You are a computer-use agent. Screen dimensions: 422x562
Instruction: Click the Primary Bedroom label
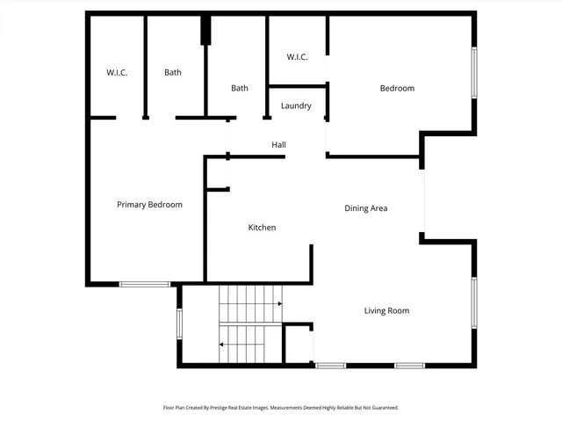click(x=149, y=205)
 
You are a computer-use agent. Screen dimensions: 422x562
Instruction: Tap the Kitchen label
click(x=262, y=228)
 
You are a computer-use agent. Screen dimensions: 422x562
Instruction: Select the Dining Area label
click(x=365, y=208)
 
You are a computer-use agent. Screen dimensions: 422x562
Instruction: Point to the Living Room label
click(x=386, y=310)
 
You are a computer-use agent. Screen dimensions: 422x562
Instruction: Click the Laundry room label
click(x=296, y=106)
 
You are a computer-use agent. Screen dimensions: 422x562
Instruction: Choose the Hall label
click(x=278, y=145)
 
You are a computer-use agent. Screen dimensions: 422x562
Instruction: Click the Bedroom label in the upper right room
click(x=397, y=88)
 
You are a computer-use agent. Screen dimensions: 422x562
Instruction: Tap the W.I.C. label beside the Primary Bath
click(x=116, y=72)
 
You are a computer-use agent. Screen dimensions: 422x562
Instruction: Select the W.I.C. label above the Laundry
click(x=297, y=57)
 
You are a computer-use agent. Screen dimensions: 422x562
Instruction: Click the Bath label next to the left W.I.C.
click(x=173, y=72)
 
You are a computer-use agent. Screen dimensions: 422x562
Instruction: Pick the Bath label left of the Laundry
click(x=240, y=88)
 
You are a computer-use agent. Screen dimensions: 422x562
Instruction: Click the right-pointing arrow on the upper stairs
click(x=279, y=304)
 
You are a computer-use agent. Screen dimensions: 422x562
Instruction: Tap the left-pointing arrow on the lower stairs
click(x=220, y=345)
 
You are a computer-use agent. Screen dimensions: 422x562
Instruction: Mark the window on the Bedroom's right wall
click(x=474, y=72)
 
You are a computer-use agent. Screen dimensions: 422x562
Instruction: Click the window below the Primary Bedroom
click(x=145, y=284)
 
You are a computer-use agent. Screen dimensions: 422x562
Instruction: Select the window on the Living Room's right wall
click(x=474, y=303)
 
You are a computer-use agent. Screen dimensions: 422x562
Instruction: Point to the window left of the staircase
click(x=179, y=323)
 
